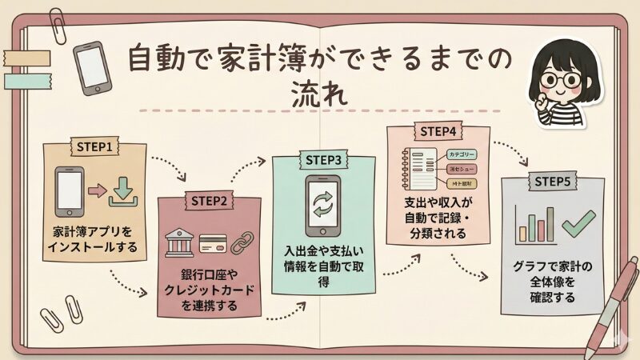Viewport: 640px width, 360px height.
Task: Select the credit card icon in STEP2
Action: click(x=211, y=242)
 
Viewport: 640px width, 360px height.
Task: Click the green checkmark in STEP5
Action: click(x=579, y=221)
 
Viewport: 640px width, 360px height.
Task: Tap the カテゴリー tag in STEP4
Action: click(x=462, y=154)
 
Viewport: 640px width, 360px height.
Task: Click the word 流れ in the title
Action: click(x=319, y=94)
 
